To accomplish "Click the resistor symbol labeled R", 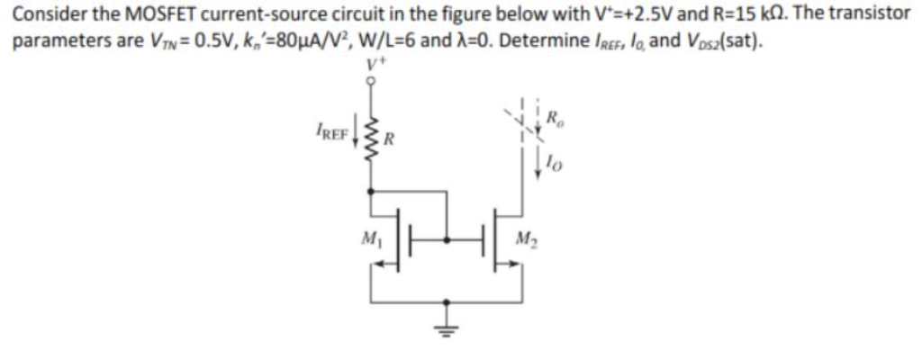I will point(370,138).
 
